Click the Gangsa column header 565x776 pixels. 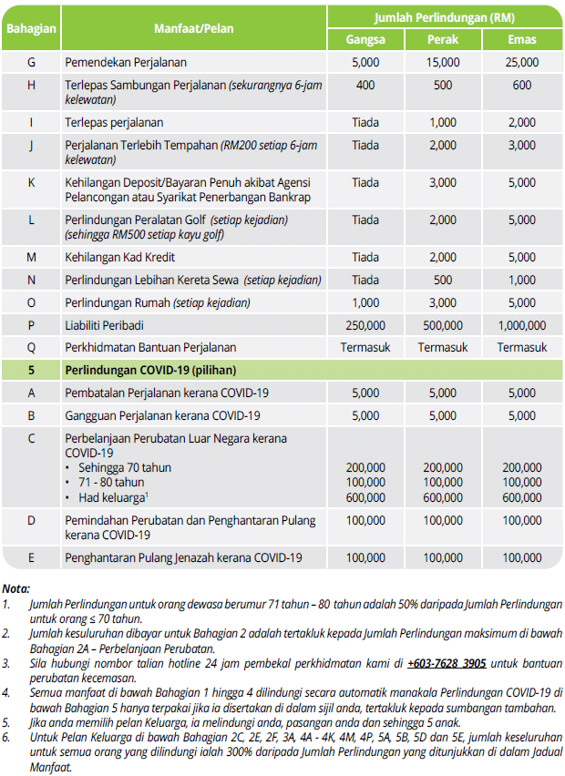pos(365,40)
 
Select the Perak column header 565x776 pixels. pos(443,40)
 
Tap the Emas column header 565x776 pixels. pos(522,40)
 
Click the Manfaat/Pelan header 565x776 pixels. pos(194,28)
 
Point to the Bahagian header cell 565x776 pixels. pos(31,28)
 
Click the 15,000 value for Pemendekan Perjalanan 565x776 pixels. pos(443,63)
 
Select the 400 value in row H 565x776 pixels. pos(365,85)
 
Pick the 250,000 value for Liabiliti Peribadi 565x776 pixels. pos(365,325)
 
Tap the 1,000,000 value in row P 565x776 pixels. pos(522,325)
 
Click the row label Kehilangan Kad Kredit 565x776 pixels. pos(121,258)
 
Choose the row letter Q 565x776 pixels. pos(31,347)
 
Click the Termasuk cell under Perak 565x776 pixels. pos(443,347)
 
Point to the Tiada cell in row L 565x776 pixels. pos(365,220)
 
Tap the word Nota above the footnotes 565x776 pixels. pos(16,588)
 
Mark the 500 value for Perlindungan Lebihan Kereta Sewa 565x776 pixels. pos(443,281)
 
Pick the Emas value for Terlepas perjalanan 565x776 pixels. pos(522,122)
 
